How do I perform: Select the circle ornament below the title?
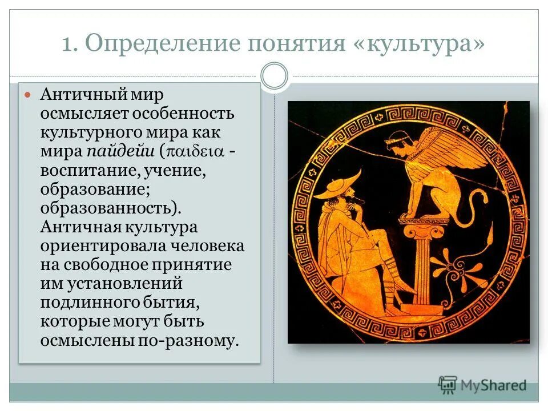tap(274, 76)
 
